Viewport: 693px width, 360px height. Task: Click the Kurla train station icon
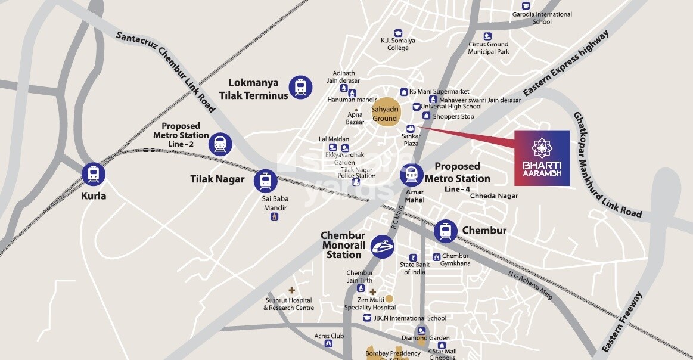(94, 175)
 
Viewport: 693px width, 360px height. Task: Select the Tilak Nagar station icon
(265, 181)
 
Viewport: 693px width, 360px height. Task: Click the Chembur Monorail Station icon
(383, 246)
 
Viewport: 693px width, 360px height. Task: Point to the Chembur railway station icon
(445, 231)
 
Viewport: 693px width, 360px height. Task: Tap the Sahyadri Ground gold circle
(385, 111)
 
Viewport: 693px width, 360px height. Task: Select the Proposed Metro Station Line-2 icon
(220, 144)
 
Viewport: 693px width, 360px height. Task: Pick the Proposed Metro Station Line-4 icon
(412, 175)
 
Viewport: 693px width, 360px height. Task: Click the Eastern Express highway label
(567, 64)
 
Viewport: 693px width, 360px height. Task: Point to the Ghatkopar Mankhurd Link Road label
(607, 164)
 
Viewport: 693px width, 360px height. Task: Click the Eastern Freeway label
(622, 322)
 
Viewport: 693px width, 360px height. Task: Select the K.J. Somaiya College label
(398, 44)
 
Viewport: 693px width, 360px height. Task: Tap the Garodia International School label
(542, 18)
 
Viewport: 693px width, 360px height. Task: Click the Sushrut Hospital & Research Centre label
(288, 305)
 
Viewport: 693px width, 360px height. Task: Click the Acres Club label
(329, 336)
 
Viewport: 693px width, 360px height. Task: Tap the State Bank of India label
(415, 268)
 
